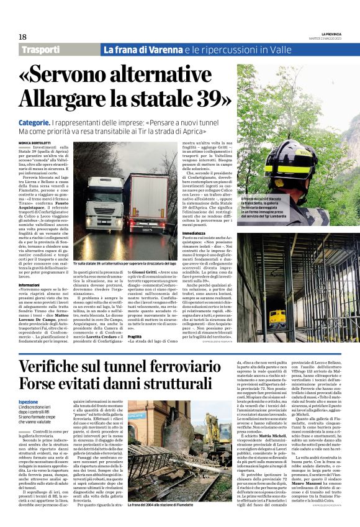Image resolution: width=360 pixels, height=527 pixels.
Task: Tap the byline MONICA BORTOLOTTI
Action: point(36,143)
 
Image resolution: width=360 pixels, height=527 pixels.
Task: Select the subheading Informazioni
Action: point(29,285)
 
